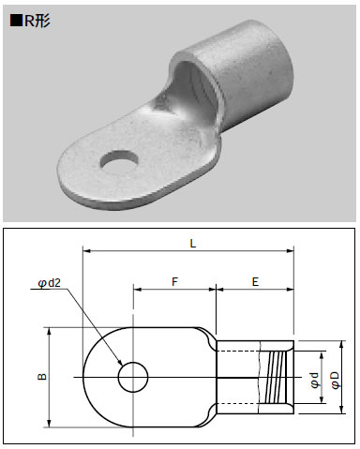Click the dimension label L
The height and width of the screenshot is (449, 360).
click(x=193, y=244)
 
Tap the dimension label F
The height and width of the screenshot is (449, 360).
click(x=174, y=282)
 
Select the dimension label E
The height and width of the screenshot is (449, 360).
click(x=255, y=282)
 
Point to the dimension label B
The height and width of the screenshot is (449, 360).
click(x=42, y=377)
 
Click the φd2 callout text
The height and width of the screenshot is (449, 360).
click(x=50, y=283)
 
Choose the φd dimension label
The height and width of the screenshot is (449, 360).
click(x=315, y=381)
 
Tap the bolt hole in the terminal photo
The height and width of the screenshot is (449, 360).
click(x=119, y=162)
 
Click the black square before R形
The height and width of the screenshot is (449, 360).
click(x=15, y=21)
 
